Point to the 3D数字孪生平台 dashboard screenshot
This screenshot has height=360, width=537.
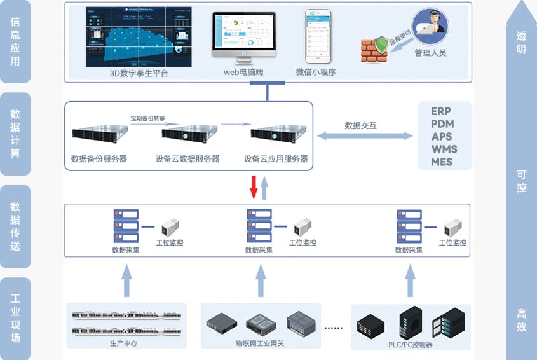pyautogui.click(x=139, y=36)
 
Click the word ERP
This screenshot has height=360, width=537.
pyautogui.click(x=441, y=111)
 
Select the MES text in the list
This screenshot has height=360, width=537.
pyautogui.click(x=442, y=162)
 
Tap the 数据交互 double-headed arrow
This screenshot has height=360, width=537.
pyautogui.click(x=365, y=136)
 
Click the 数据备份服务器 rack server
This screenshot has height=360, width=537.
pyautogui.click(x=99, y=134)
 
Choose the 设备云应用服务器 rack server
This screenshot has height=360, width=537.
pyautogui.click(x=276, y=134)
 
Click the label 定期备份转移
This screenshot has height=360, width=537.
pyautogui.click(x=147, y=118)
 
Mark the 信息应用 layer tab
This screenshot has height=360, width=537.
pyautogui.click(x=15, y=43)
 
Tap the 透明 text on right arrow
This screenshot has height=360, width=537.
pyautogui.click(x=521, y=43)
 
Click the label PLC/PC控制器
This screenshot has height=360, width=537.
pyautogui.click(x=411, y=345)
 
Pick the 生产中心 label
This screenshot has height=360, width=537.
pyautogui.click(x=123, y=343)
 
